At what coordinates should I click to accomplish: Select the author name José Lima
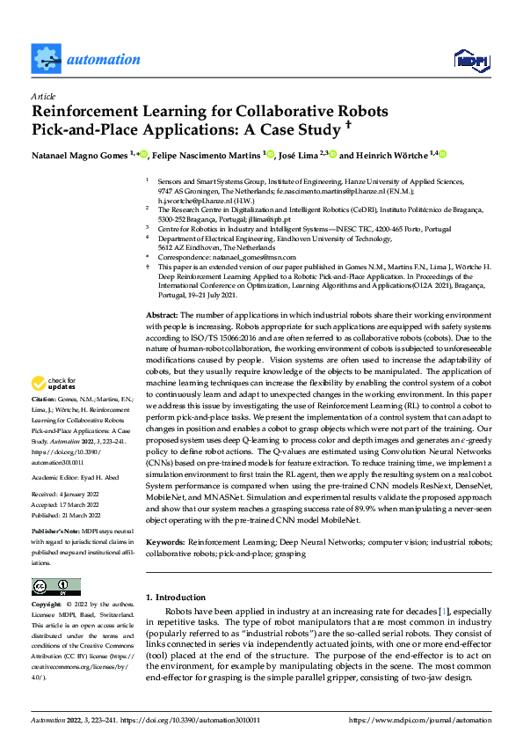[298, 155]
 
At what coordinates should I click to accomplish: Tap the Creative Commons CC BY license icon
[55, 587]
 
